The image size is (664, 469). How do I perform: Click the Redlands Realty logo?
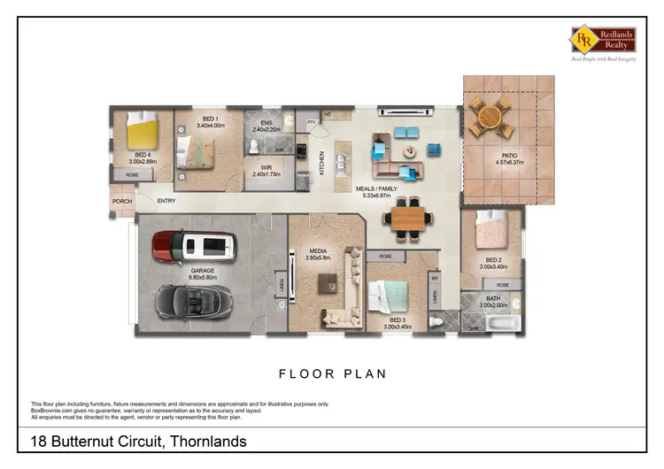[603, 41]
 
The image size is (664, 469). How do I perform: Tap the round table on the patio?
[490, 116]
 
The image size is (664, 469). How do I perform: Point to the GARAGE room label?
[203, 271]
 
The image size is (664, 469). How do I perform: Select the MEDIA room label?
[317, 252]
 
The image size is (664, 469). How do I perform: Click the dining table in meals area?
[409, 218]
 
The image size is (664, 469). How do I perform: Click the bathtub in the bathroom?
[501, 324]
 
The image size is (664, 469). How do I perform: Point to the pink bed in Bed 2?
[490, 231]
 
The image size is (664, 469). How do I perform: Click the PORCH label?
[121, 201]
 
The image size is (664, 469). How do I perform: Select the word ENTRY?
[166, 201]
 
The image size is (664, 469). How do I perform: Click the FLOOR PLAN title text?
[332, 373]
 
